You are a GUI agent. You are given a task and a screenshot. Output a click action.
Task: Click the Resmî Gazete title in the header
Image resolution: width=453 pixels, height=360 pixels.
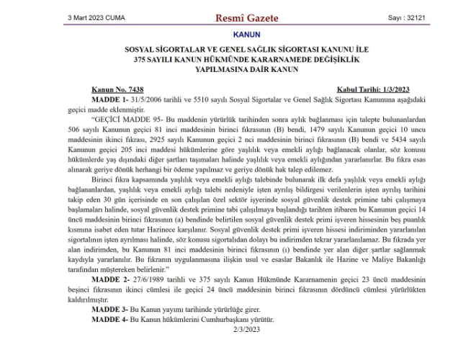[x=248, y=17]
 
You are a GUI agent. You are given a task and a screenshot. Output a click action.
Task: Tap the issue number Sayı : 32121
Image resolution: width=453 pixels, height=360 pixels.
[x=403, y=17]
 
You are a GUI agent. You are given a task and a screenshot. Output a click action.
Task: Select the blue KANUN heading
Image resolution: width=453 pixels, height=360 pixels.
[x=247, y=34]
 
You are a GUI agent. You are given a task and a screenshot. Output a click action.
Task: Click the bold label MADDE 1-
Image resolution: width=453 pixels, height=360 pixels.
[x=109, y=96]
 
